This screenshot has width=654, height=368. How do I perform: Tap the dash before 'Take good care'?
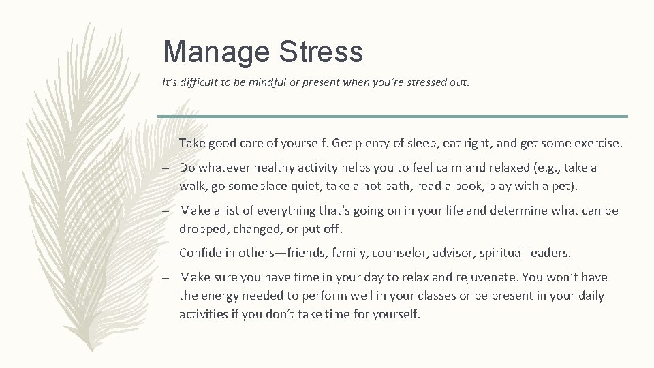166,144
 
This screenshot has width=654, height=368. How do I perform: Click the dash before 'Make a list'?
166,211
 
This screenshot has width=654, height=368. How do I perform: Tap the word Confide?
200,253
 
